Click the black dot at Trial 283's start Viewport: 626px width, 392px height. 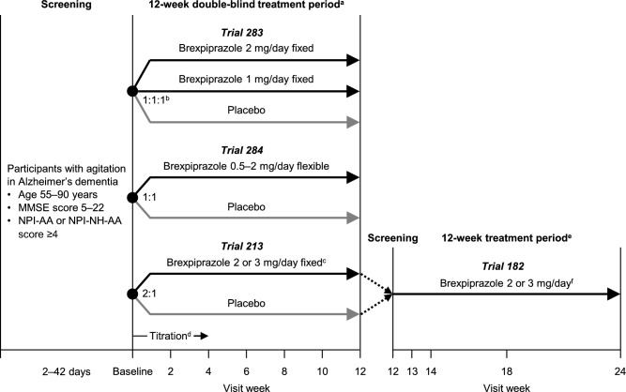[133, 91]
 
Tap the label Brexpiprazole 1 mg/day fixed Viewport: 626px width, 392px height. [246, 80]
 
